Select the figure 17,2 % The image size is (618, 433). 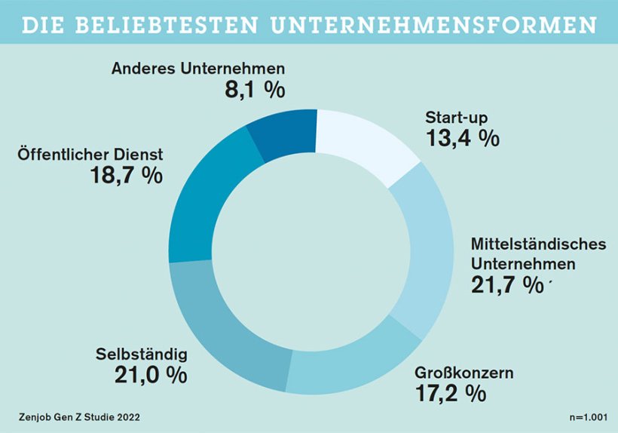[x=451, y=393]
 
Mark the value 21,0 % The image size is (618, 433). [x=151, y=375]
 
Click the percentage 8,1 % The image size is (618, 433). [x=255, y=90]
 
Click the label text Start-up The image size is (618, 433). [x=457, y=118]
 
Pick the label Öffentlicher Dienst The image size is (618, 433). [x=90, y=154]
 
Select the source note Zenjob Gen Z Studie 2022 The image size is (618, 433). [x=79, y=416]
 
